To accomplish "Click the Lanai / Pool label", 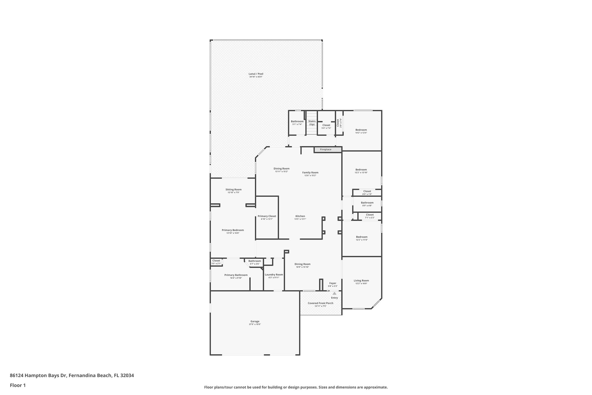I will pyautogui.click(x=256, y=74).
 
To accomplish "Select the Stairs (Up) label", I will pyautogui.click(x=312, y=123).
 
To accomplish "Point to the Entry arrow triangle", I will pyautogui.click(x=334, y=293).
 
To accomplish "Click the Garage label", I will pyautogui.click(x=255, y=321).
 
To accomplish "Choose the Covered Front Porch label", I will pyautogui.click(x=320, y=303).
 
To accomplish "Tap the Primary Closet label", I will pyautogui.click(x=267, y=216).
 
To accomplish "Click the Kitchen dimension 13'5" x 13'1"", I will pyautogui.click(x=300, y=219).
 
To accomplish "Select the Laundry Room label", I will pyautogui.click(x=274, y=275).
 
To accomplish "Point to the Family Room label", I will pyautogui.click(x=310, y=172).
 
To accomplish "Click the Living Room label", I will pyautogui.click(x=361, y=280).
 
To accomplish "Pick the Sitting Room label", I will pyautogui.click(x=233, y=190).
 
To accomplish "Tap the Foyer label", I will pyautogui.click(x=333, y=283).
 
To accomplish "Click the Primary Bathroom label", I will pyautogui.click(x=236, y=275).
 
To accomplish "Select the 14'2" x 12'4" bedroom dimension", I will pyautogui.click(x=361, y=133).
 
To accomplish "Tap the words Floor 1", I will pyautogui.click(x=18, y=385).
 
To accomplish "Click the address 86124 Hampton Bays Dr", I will pyautogui.click(x=38, y=375).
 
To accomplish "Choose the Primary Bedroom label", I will pyautogui.click(x=233, y=230).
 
